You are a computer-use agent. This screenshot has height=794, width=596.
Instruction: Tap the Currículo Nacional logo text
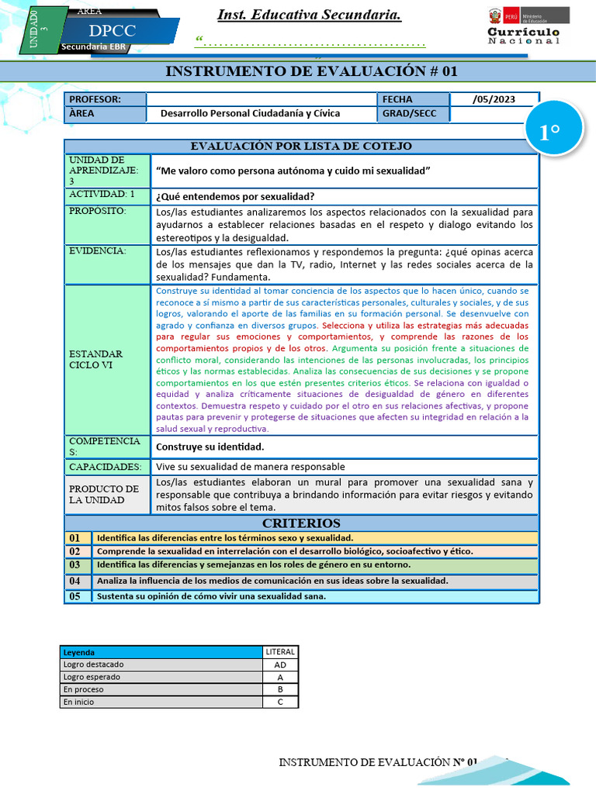click(523, 36)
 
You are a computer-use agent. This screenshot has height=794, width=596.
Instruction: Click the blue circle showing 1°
click(549, 133)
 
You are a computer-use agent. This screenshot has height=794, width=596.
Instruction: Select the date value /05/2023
click(493, 99)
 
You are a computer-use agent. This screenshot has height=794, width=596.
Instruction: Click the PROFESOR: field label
click(95, 99)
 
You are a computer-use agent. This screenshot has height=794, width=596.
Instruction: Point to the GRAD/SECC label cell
click(409, 113)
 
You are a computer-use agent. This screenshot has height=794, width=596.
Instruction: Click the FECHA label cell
click(397, 99)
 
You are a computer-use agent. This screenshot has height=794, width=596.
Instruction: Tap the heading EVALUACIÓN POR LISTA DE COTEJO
click(301, 146)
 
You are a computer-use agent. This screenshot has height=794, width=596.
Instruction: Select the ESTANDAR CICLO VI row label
click(96, 359)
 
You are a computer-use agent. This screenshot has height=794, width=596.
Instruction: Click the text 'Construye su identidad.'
click(210, 447)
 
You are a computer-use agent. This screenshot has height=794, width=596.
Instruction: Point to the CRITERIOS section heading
click(301, 523)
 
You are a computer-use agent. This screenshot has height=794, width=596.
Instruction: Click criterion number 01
click(75, 537)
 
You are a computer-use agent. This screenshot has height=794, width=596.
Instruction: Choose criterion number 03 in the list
click(75, 565)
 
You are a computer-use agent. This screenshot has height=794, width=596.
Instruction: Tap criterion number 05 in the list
click(75, 596)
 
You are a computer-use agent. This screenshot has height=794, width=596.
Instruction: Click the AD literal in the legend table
click(279, 665)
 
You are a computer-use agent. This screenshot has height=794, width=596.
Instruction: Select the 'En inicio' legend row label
click(78, 702)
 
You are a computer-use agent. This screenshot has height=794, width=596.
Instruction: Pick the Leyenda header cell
click(79, 652)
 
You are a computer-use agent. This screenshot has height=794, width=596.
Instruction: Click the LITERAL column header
click(279, 652)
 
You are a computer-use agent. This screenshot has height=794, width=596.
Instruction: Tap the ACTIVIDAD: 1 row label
click(102, 195)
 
